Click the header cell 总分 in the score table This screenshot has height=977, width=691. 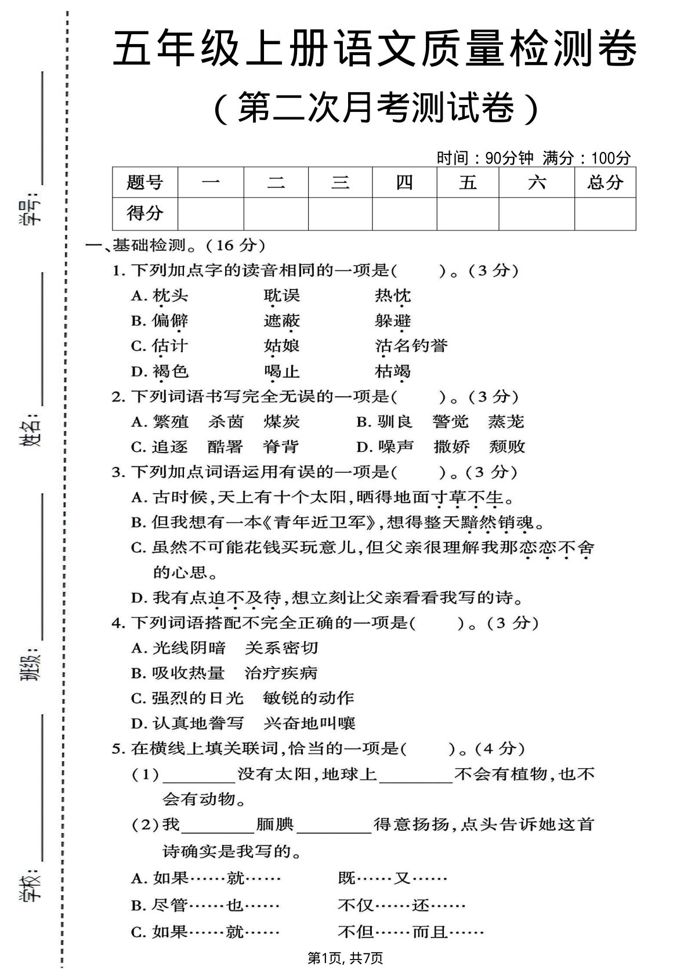point(605,183)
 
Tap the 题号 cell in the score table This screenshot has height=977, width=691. point(145,183)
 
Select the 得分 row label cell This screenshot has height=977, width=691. point(145,214)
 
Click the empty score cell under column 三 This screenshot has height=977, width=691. point(340,214)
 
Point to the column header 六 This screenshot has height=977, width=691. point(537,183)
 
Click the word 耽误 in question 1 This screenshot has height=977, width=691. point(281,295)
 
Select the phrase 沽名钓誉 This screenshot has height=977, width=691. point(411,346)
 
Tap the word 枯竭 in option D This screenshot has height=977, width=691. point(393,371)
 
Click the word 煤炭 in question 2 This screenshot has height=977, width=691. point(281,421)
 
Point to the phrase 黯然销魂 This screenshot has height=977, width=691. point(497,522)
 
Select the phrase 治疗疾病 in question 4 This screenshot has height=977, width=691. point(281,673)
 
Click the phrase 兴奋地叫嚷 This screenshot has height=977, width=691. point(309,723)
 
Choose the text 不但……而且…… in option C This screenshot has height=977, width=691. point(411,932)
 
